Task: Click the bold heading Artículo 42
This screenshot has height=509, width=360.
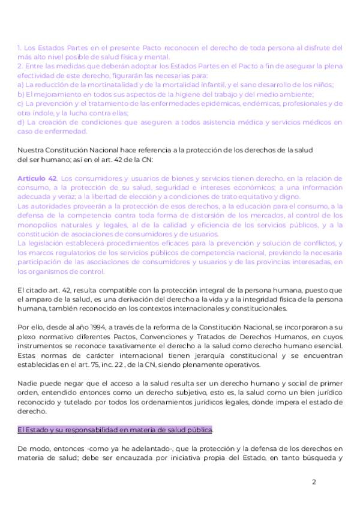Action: [x=37, y=178]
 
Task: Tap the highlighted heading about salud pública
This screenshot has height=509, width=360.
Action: [x=115, y=430]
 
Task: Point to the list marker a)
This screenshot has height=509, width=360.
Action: [x=21, y=85]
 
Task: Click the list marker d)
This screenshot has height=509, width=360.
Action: [x=21, y=122]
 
